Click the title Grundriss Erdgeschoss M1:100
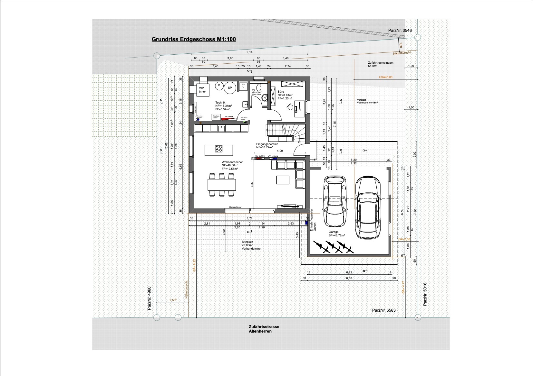194,40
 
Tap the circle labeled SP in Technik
230,88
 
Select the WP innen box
203,90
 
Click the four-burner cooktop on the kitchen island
219,149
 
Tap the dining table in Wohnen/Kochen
222,185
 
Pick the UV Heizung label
273,156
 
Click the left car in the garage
335,200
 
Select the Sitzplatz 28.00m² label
251,245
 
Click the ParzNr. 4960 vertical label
149,298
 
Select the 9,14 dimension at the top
249,52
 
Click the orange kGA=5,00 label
386,77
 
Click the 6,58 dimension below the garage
349,278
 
